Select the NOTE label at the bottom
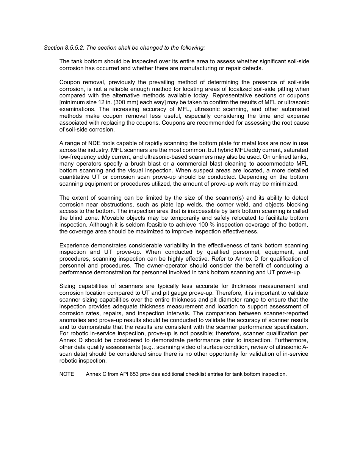click(x=67, y=374)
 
